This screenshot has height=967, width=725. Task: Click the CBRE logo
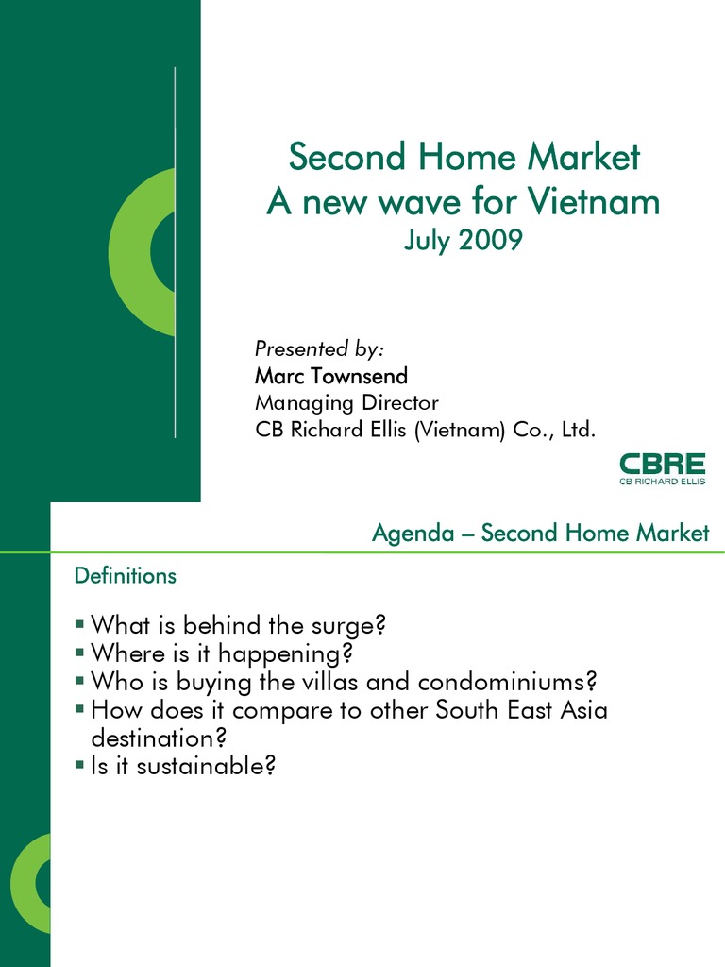click(x=662, y=469)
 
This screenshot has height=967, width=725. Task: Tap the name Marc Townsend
click(x=331, y=376)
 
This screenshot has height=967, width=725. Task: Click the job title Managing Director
click(x=346, y=403)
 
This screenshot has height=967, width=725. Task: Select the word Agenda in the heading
click(x=410, y=534)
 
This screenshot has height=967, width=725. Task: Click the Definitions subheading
click(x=126, y=575)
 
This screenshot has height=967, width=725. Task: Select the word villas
click(x=341, y=681)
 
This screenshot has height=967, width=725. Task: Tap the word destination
click(x=158, y=737)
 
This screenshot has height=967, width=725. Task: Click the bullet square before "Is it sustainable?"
click(x=78, y=765)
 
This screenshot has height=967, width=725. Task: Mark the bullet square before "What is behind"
click(x=78, y=624)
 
